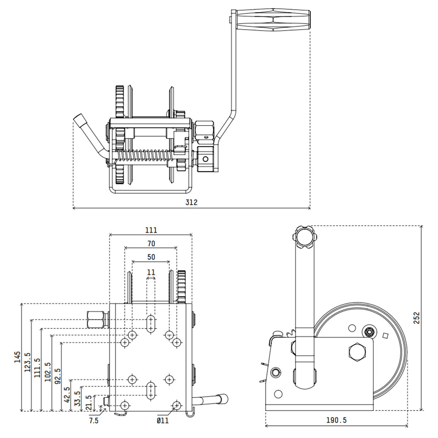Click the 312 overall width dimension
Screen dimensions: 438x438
[x=191, y=202]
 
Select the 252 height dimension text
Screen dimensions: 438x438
[x=416, y=318]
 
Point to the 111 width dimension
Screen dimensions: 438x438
[x=151, y=230]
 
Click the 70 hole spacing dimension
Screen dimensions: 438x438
[x=151, y=244]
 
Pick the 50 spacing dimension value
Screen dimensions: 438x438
[x=151, y=257]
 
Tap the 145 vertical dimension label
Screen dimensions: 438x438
[x=18, y=357]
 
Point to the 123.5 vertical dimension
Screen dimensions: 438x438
[x=27, y=362]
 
